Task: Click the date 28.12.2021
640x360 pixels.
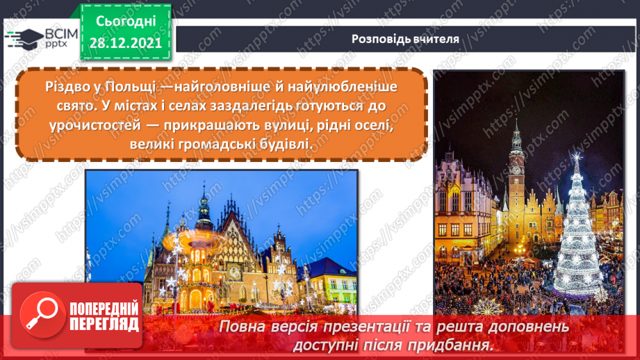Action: point(125,42)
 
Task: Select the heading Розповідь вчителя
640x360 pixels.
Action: point(405,39)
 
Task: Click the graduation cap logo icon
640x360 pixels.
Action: point(24,38)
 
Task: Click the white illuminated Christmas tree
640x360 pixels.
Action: point(577,229)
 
